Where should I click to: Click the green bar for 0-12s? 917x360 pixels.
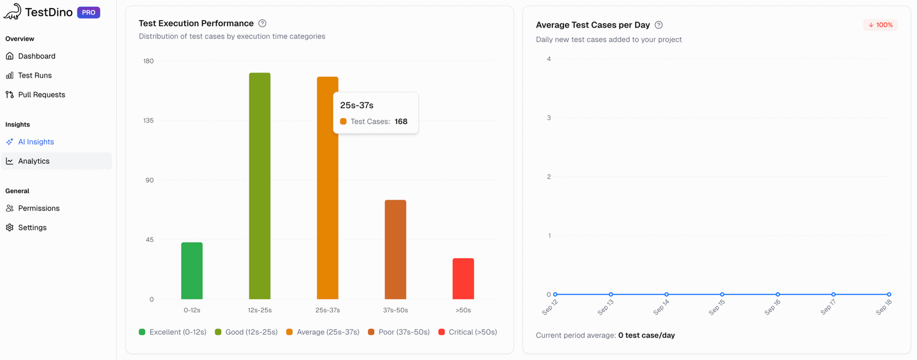(192, 271)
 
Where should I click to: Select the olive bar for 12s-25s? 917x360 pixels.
(260, 186)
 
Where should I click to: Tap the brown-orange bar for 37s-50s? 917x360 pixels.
(395, 249)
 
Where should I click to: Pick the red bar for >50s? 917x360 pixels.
(463, 279)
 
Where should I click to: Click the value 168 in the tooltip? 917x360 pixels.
(401, 122)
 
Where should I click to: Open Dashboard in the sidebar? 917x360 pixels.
(37, 56)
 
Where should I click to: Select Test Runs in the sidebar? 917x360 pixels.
(34, 75)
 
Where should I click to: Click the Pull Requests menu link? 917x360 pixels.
(41, 95)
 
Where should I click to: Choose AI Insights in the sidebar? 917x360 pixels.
(36, 142)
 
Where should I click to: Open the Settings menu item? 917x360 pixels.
(32, 228)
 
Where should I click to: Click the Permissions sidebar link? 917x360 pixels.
(38, 208)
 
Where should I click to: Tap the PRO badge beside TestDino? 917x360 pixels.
(89, 12)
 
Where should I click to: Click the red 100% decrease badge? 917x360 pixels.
(880, 25)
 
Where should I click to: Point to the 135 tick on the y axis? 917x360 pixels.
(148, 120)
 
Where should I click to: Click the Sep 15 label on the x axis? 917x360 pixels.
(716, 307)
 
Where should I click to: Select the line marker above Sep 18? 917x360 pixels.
(889, 294)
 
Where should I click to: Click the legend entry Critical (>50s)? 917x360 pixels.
(468, 332)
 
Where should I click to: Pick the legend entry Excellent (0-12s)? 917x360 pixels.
(173, 332)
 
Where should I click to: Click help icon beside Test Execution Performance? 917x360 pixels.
(262, 24)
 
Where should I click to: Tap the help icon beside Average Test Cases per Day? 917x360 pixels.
(659, 25)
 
